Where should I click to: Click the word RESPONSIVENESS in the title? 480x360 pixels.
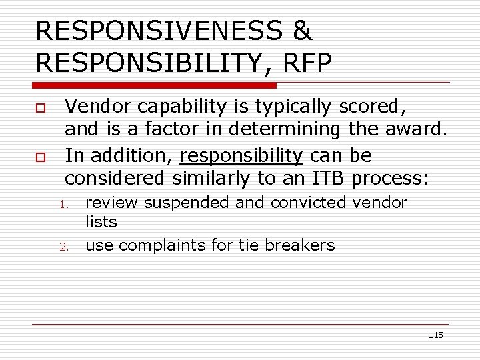tap(159, 31)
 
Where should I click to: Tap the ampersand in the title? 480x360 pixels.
tap(302, 31)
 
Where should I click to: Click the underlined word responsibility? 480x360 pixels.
tap(241, 156)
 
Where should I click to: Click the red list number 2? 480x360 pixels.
tap(64, 247)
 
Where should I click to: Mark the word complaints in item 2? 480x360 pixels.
tap(162, 245)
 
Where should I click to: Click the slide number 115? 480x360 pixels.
tap(435, 335)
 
